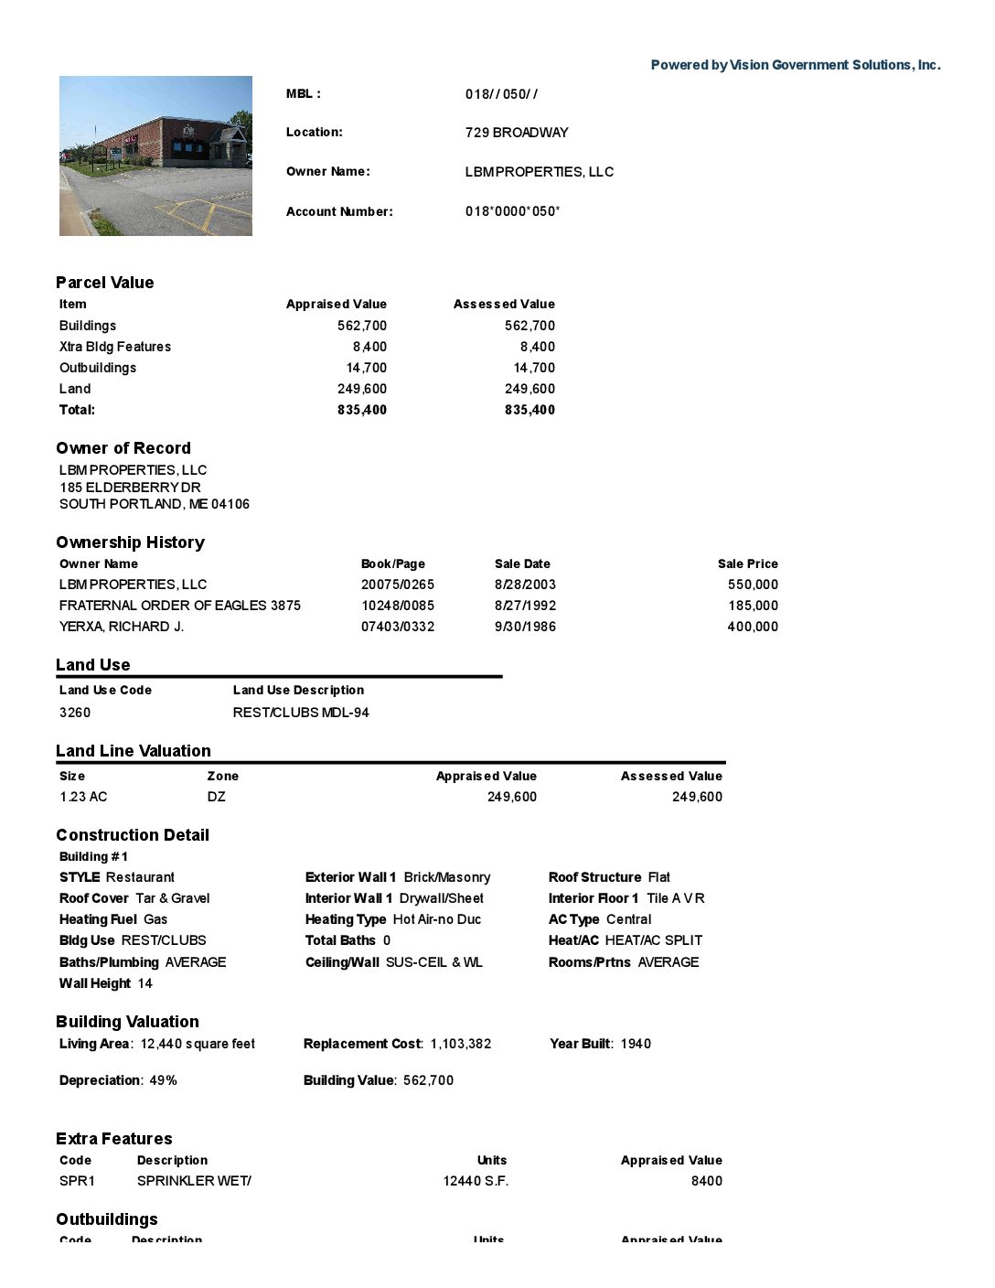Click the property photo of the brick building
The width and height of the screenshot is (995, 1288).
(155, 156)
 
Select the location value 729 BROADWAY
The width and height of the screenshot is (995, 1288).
(516, 133)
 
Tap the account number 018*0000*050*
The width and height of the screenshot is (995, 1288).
(512, 211)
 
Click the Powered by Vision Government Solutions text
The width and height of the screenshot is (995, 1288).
(795, 65)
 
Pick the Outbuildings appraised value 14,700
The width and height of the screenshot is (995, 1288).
(366, 368)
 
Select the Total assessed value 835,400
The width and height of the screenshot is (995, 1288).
(530, 410)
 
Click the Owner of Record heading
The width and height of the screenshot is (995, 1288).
(123, 448)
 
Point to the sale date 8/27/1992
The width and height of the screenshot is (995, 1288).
(525, 606)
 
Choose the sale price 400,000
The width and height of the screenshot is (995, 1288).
(753, 627)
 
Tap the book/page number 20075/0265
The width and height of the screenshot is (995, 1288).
(397, 585)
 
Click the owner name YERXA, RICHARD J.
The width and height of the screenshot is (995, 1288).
(122, 627)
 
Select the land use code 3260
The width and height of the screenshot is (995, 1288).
(75, 713)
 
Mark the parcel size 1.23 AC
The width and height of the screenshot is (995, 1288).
(83, 797)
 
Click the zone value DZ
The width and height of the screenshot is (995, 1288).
(216, 797)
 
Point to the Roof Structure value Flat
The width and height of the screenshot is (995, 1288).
(658, 877)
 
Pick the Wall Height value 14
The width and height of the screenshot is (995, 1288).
(144, 983)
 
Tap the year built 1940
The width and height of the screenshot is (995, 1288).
(636, 1044)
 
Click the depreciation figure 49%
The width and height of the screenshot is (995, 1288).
(163, 1080)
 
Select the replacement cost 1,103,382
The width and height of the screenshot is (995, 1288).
(460, 1044)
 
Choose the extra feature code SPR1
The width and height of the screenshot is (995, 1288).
(77, 1181)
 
